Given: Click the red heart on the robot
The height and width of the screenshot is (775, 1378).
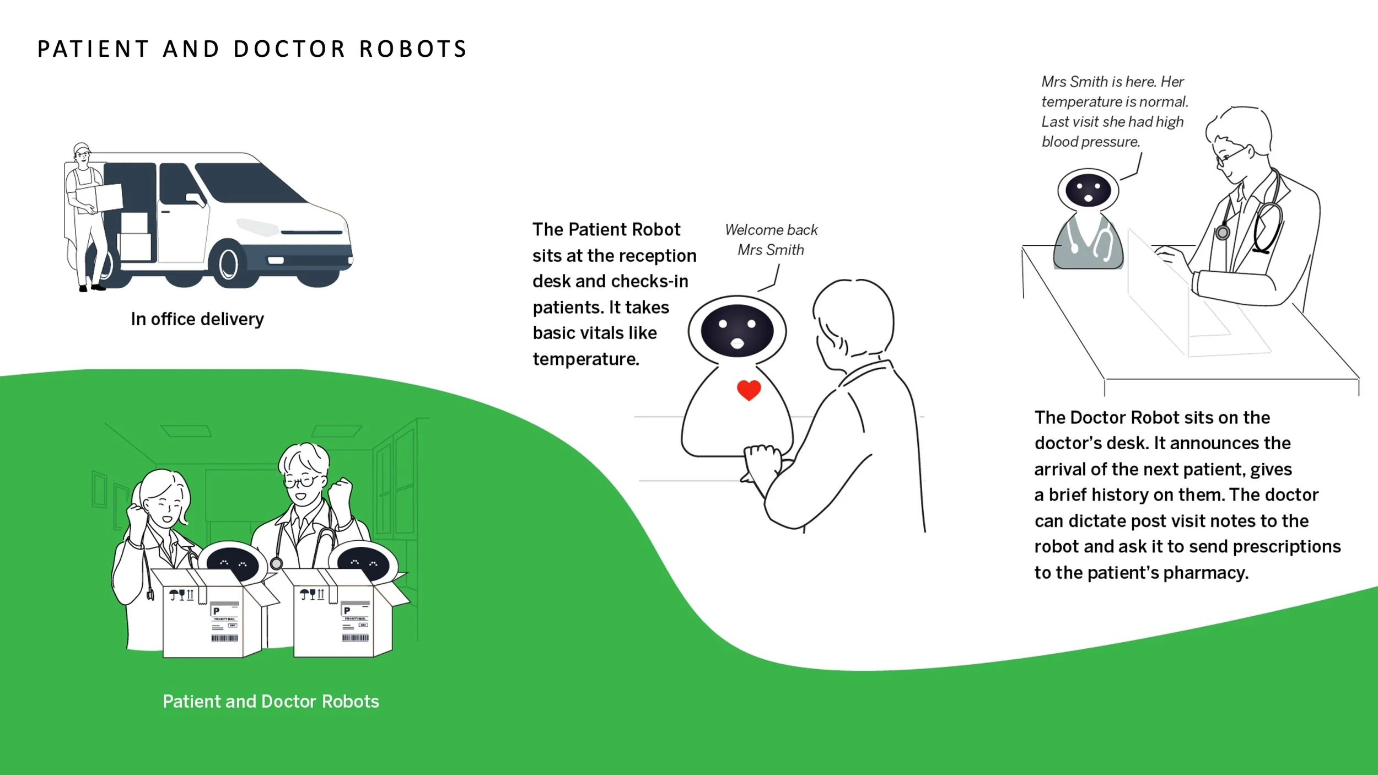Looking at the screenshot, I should tap(749, 390).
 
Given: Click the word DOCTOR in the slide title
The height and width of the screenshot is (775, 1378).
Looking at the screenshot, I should tap(289, 49).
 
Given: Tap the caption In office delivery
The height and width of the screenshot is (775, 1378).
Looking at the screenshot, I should tap(197, 319).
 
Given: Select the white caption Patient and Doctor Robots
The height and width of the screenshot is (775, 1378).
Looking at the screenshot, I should tap(271, 701).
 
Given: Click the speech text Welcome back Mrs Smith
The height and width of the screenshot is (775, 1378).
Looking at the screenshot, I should tap(771, 240).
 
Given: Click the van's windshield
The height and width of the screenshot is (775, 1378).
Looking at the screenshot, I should tap(248, 182).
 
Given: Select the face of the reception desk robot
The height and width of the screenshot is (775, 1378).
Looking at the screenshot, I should tap(737, 331).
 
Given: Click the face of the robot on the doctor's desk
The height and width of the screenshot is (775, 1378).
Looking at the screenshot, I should tap(1088, 190).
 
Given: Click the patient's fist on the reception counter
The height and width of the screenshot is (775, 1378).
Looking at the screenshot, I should tap(762, 458).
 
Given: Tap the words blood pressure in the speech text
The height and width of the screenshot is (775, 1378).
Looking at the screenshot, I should tap(1090, 142).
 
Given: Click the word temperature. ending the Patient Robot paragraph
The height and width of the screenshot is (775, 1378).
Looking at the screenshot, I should tap(586, 359).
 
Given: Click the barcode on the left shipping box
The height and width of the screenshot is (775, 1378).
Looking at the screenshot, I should tap(224, 638).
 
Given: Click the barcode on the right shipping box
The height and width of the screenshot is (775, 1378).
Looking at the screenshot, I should tap(355, 638).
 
